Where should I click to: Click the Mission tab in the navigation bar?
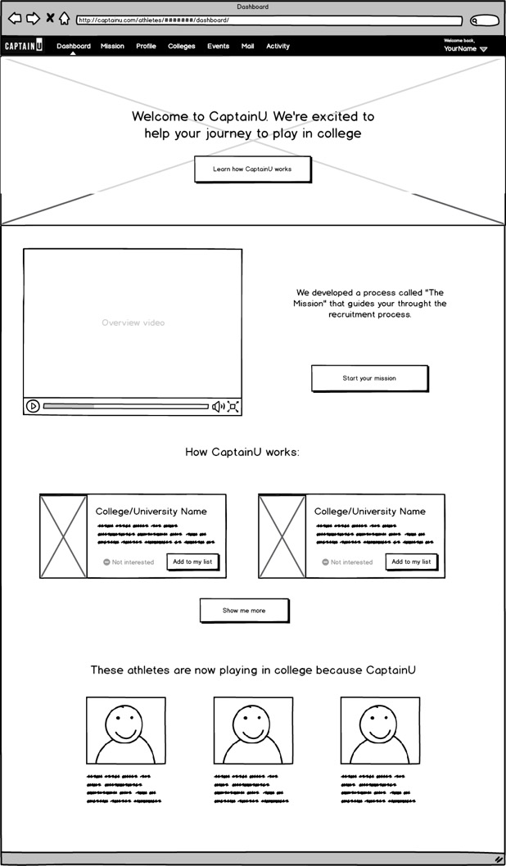[x=112, y=47]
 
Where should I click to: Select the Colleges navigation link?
[x=181, y=47]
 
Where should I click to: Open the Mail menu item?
[x=247, y=47]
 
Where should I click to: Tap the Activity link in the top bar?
[x=278, y=47]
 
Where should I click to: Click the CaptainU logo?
[x=24, y=47]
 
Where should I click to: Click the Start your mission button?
[x=369, y=378]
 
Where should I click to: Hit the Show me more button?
[x=244, y=611]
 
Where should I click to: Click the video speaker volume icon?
[x=218, y=406]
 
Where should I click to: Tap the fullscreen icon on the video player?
[x=233, y=406]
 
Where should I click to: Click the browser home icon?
[x=64, y=19]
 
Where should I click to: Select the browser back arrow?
[x=15, y=19]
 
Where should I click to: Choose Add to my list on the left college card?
[x=192, y=562]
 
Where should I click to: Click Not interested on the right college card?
[x=347, y=562]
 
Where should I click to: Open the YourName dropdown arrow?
[x=483, y=49]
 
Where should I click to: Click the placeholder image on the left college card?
[x=63, y=536]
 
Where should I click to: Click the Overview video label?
[x=133, y=322]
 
